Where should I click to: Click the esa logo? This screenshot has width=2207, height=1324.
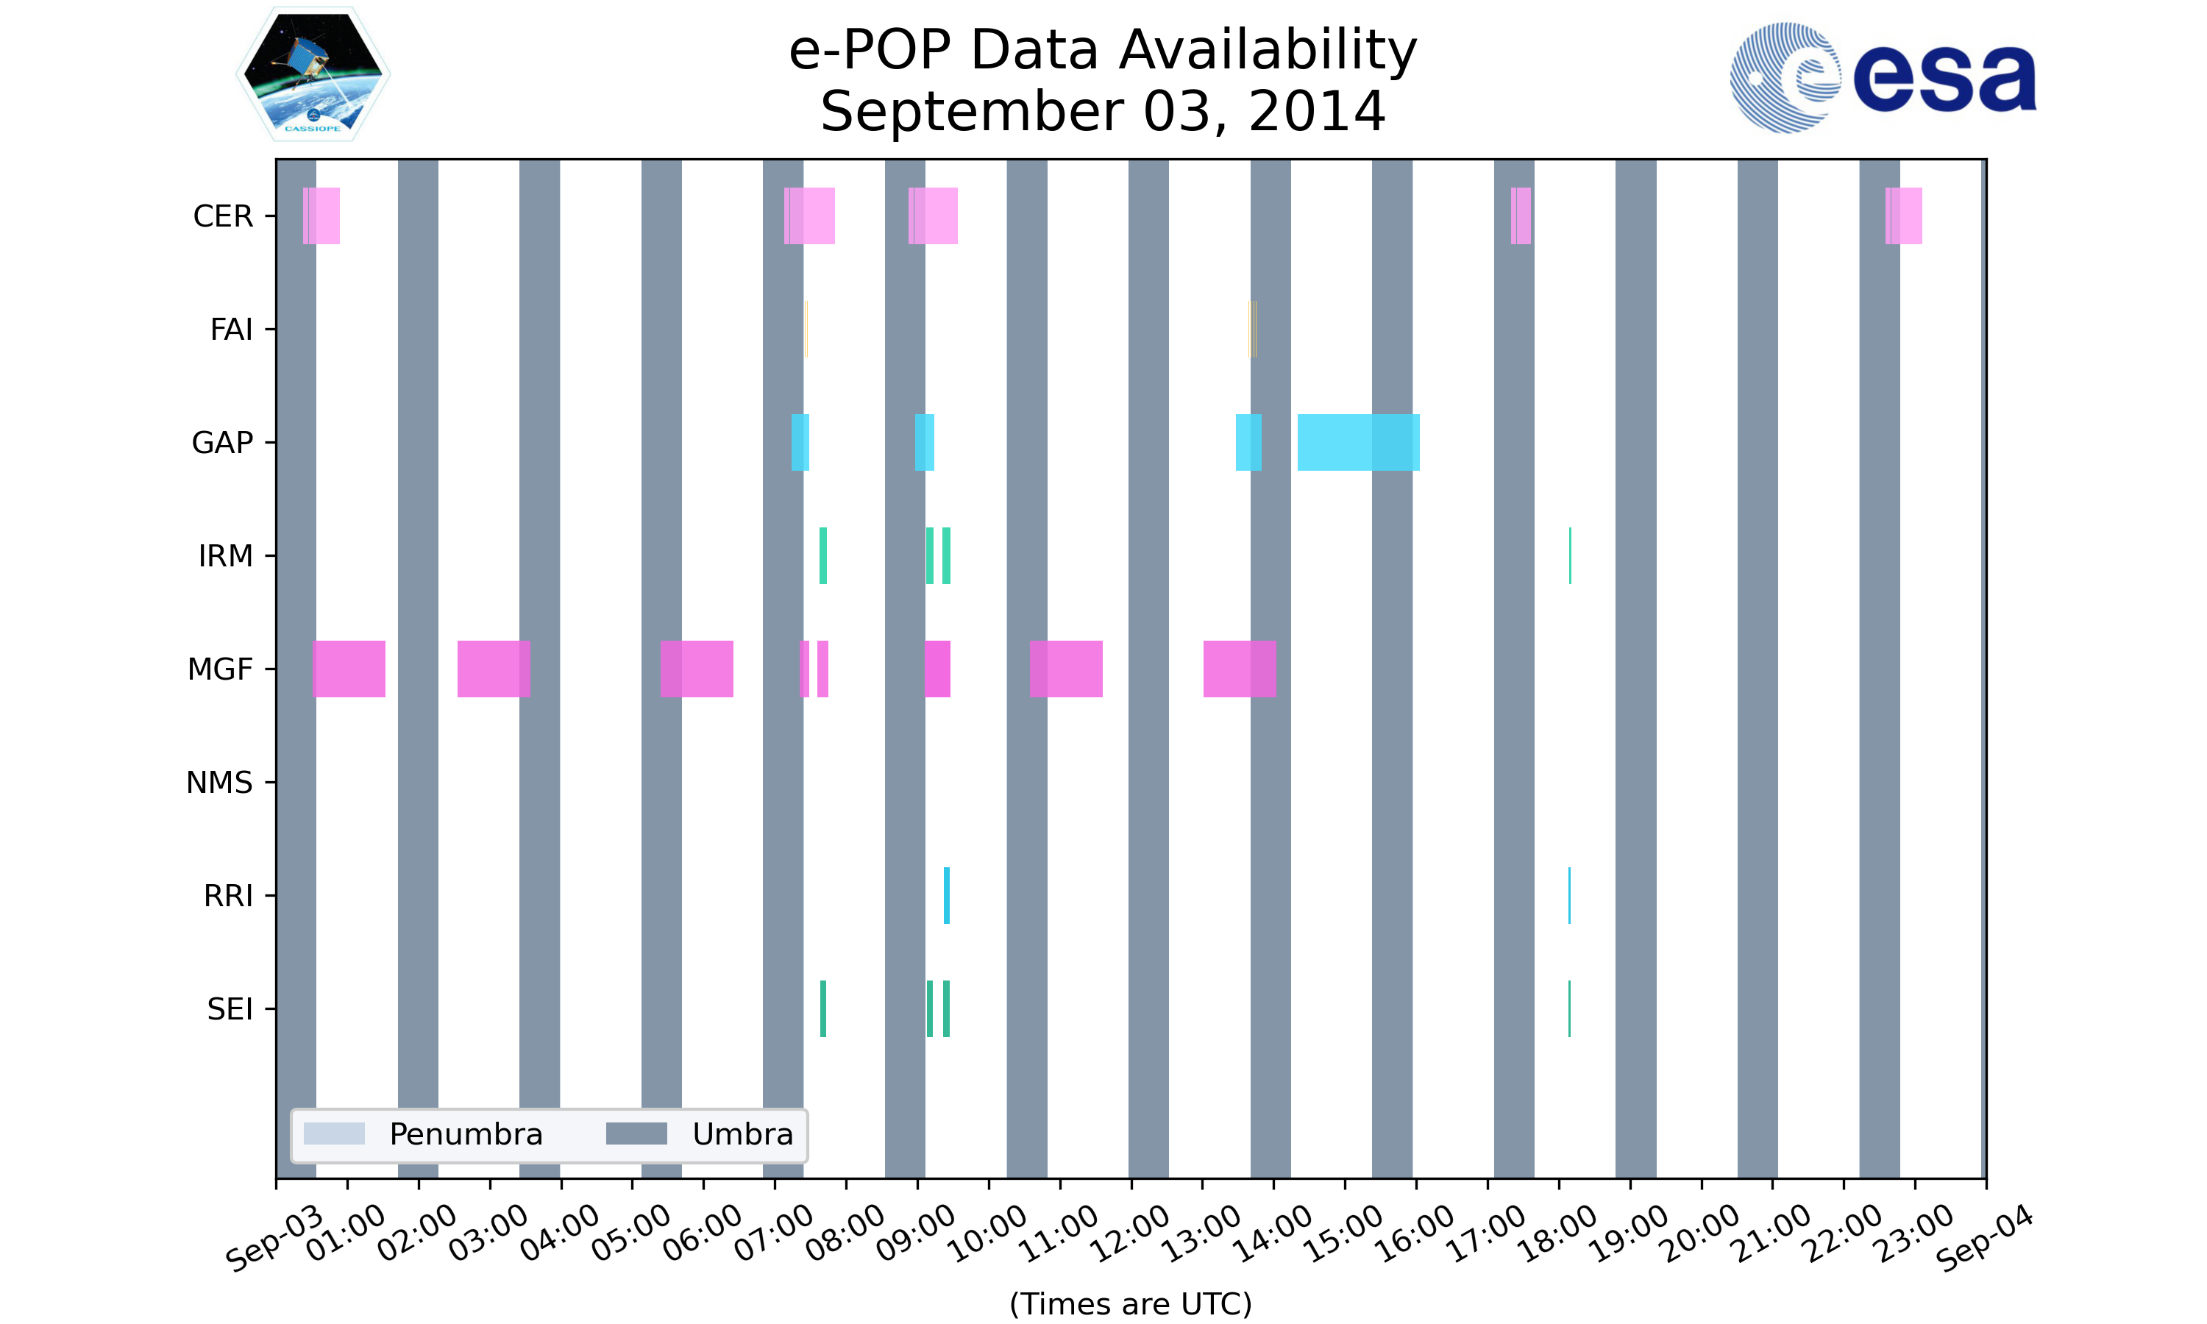pyautogui.click(x=1883, y=78)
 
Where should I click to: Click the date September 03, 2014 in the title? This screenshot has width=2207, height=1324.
pyautogui.click(x=1103, y=112)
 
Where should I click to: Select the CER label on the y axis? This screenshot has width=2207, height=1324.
pyautogui.click(x=223, y=216)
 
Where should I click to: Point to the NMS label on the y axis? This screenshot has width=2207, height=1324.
pyautogui.click(x=219, y=783)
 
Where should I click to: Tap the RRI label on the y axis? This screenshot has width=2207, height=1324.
pyautogui.click(x=228, y=896)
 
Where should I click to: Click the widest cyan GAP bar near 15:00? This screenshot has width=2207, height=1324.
pyautogui.click(x=1358, y=443)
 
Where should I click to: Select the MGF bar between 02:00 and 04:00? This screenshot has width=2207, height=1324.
pyautogui.click(x=494, y=669)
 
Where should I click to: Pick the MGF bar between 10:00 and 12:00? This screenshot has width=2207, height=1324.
pyautogui.click(x=1066, y=669)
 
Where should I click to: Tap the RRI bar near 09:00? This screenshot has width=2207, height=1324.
pyautogui.click(x=947, y=896)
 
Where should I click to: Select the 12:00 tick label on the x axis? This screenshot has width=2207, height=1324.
pyautogui.click(x=1132, y=1233)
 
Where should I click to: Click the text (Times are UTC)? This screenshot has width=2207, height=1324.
pyautogui.click(x=1130, y=1303)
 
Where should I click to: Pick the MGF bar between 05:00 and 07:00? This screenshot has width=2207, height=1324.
pyautogui.click(x=696, y=669)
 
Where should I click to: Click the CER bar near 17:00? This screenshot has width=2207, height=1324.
pyautogui.click(x=1521, y=216)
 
